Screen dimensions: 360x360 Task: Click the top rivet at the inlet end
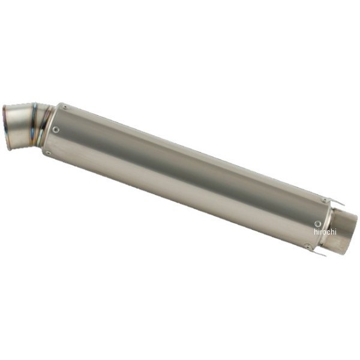point(64,107)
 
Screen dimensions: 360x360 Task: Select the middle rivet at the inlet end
point(56,129)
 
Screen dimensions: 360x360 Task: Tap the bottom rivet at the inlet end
point(48,152)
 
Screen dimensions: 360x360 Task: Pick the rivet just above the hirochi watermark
point(317,223)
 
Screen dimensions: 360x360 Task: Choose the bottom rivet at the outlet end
point(307,245)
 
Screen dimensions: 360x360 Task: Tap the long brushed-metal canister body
point(180,174)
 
